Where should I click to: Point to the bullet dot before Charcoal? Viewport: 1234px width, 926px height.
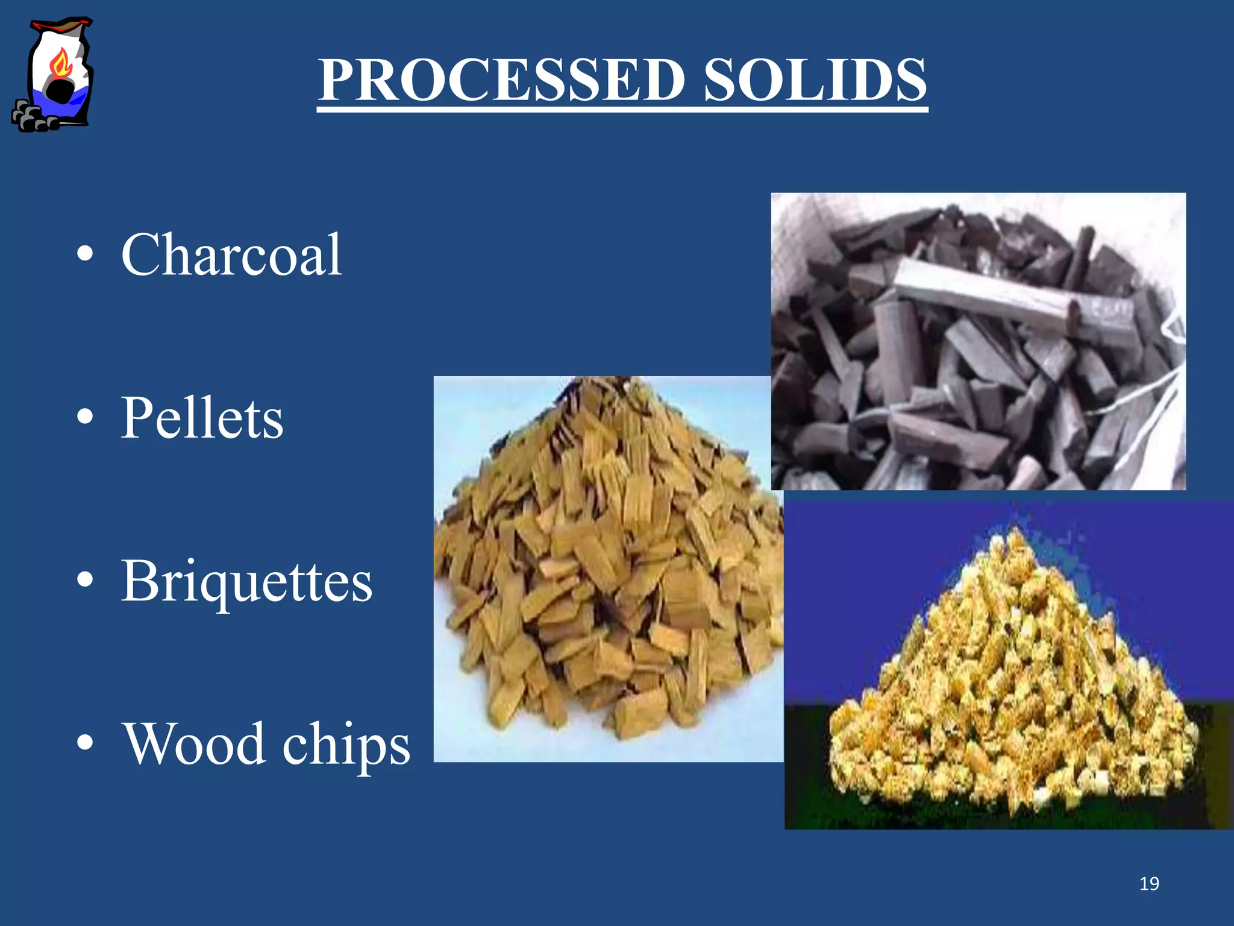pos(86,254)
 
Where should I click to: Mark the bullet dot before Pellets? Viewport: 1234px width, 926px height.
pos(86,417)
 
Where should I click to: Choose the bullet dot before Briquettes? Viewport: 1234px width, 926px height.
pos(86,579)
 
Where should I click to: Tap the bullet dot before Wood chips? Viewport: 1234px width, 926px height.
pos(86,742)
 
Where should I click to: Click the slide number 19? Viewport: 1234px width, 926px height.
pos(1149,884)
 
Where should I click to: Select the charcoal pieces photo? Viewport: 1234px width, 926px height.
pos(978,341)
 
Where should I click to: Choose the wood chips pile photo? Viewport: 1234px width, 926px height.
pos(609,569)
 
